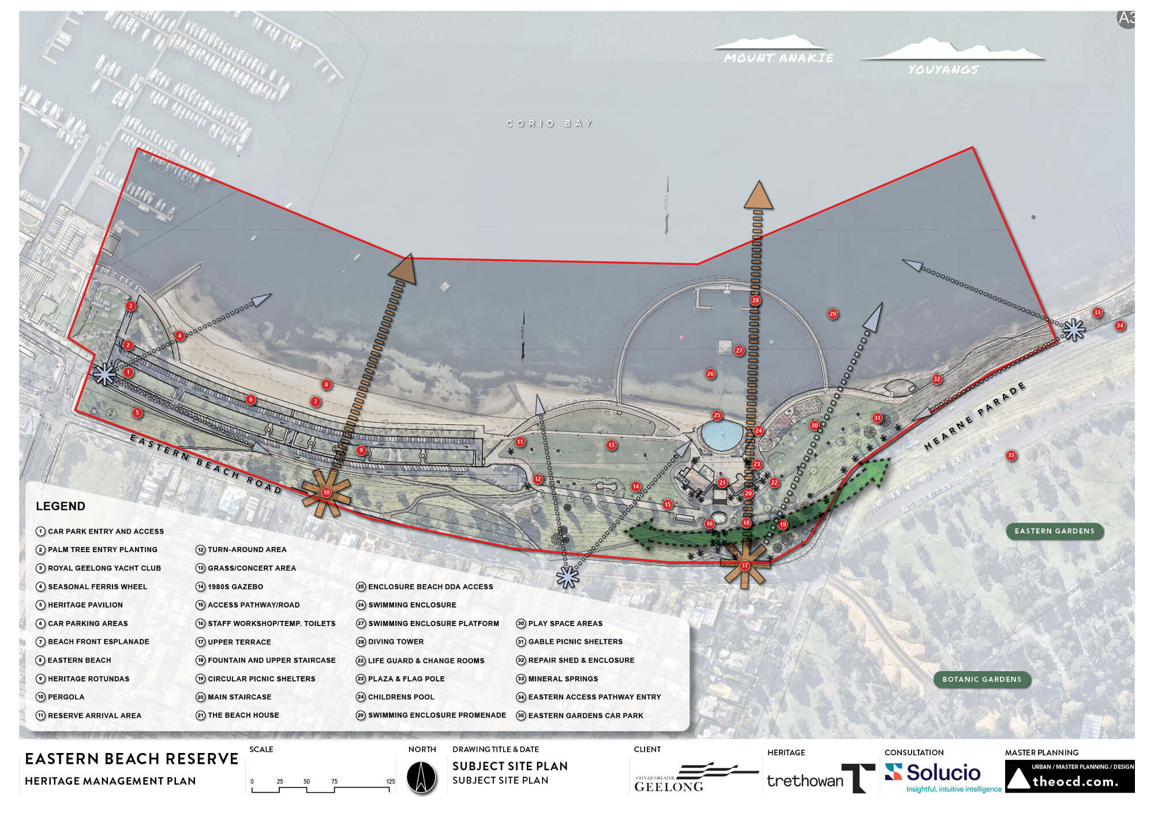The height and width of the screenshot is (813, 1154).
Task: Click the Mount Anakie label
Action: coord(778,58)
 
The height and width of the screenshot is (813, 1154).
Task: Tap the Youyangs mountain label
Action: coord(943,70)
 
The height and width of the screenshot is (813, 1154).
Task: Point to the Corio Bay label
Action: coord(549,123)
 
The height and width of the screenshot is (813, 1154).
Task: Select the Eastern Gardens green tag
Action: coord(1054,531)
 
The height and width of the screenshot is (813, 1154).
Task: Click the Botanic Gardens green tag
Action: coord(981,679)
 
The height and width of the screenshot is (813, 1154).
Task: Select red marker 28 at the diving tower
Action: coord(755,300)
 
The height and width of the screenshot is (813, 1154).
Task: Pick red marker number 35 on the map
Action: coord(1011,455)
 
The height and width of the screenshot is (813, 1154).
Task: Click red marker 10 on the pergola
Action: coord(327,492)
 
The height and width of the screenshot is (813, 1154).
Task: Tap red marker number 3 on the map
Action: coord(131,306)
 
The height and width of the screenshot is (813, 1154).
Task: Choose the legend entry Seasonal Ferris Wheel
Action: coord(97,587)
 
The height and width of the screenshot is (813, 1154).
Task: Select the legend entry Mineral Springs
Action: coord(563,679)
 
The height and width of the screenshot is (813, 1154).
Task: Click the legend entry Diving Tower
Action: coord(395,642)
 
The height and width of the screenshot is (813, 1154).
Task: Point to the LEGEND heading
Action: coord(61,506)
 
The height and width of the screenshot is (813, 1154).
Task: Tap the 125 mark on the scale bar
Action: coord(391,782)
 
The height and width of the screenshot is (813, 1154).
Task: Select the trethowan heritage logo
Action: coord(819,779)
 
